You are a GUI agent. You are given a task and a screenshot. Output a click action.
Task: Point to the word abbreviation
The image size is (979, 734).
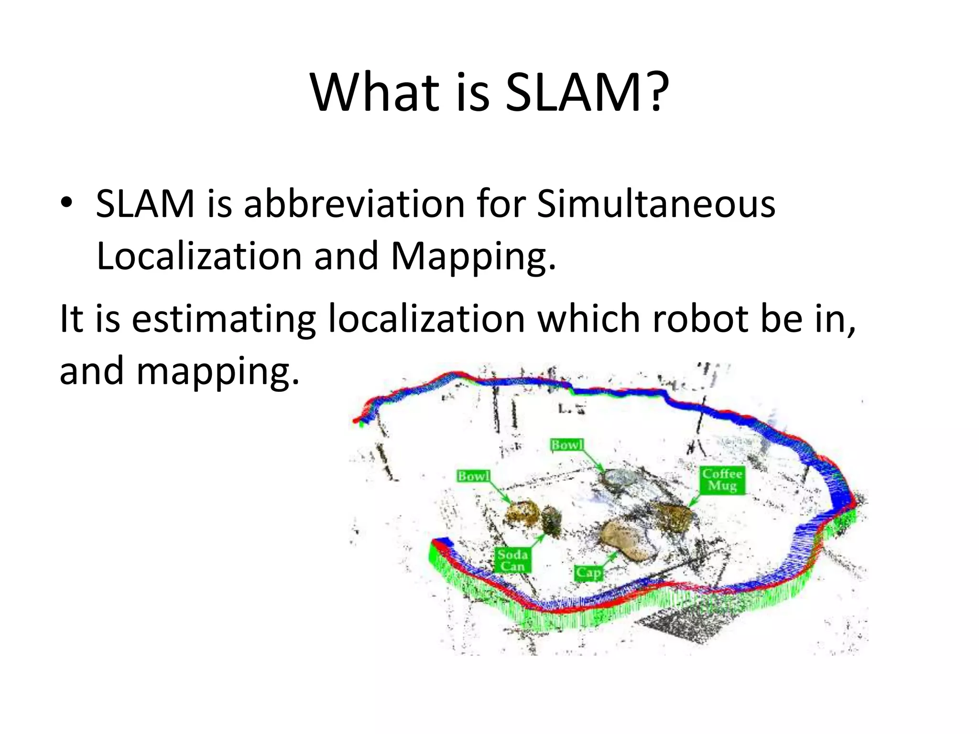(x=354, y=204)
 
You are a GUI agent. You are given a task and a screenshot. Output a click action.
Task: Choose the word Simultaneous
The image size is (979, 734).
(x=656, y=204)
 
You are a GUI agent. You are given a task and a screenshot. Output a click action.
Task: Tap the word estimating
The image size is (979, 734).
(x=224, y=319)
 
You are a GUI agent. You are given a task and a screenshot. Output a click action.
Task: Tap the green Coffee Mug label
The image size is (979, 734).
(x=722, y=480)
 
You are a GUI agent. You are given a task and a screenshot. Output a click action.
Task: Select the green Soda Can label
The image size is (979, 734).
(x=512, y=560)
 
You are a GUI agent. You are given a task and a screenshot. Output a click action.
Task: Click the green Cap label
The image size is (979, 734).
(x=588, y=572)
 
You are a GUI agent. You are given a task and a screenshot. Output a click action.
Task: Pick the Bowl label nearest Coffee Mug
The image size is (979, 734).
(x=567, y=445)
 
